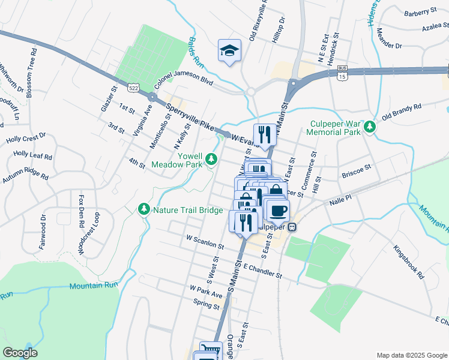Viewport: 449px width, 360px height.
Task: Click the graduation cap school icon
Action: (x=229, y=51)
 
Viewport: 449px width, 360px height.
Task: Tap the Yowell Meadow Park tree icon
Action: (x=211, y=158)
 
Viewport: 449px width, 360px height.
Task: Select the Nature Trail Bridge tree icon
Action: (x=143, y=209)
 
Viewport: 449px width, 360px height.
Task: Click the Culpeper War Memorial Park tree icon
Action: (x=370, y=126)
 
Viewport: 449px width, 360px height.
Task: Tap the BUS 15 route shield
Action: (x=342, y=74)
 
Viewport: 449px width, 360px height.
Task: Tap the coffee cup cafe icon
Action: (x=279, y=210)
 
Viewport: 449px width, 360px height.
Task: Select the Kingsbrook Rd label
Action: (x=409, y=262)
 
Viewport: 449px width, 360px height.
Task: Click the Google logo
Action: (x=20, y=353)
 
